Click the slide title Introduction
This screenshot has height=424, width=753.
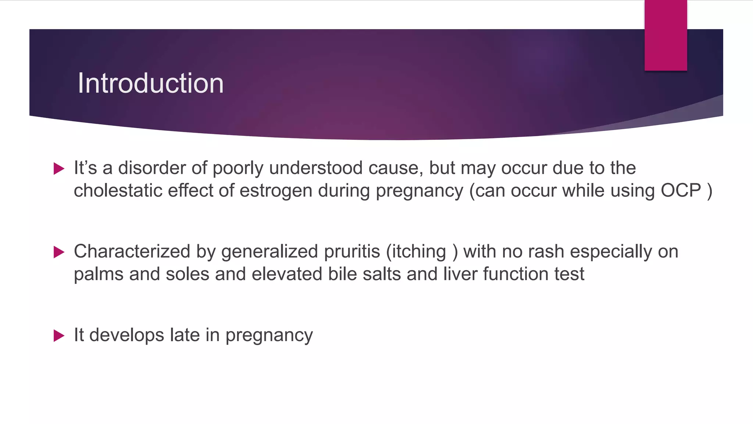[150, 83]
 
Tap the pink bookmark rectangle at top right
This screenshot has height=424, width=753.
[665, 35]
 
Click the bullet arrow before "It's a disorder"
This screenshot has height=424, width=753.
[59, 169]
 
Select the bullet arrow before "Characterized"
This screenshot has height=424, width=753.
[59, 252]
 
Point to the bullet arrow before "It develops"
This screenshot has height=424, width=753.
[59, 336]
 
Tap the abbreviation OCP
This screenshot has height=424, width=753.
[681, 190]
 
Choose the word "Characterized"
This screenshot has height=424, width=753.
[132, 252]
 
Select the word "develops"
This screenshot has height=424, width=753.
[126, 336]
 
